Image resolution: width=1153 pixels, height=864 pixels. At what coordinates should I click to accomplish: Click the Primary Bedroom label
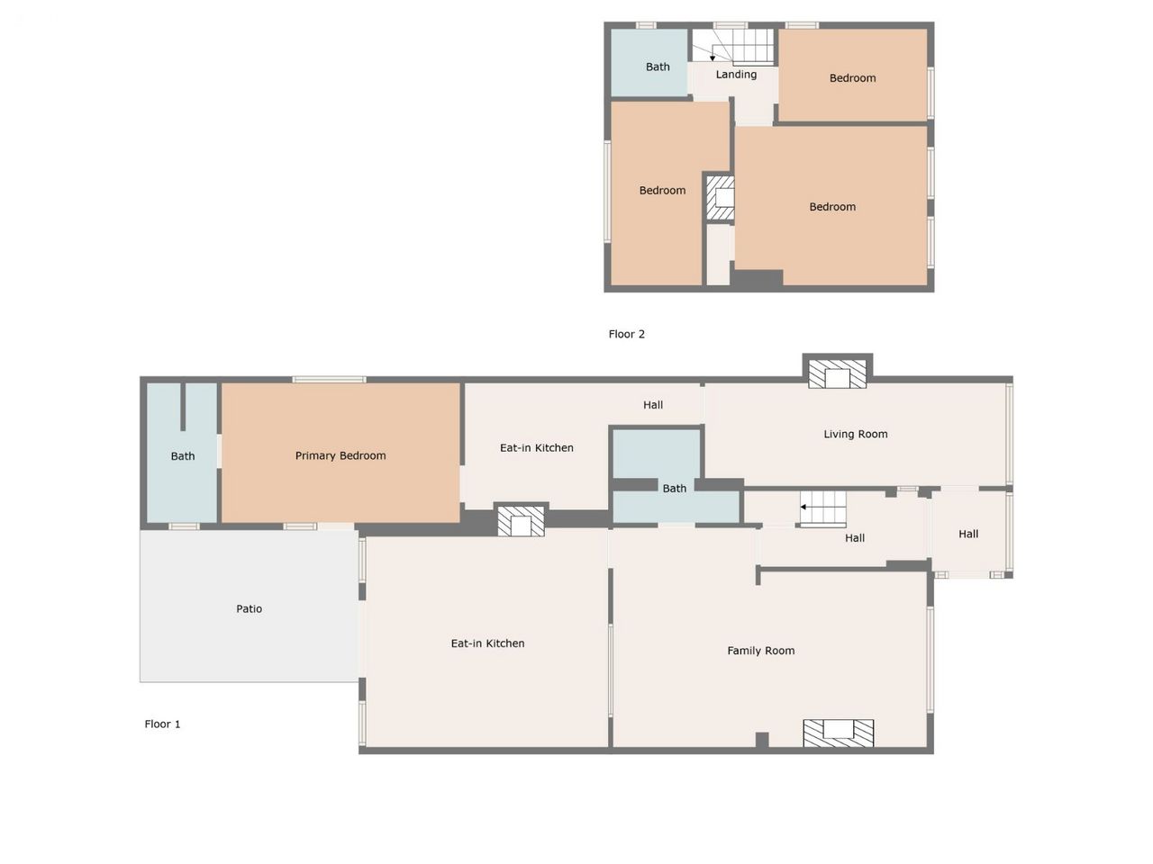pyautogui.click(x=340, y=455)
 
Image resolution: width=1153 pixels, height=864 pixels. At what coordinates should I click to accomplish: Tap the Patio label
pyautogui.click(x=249, y=608)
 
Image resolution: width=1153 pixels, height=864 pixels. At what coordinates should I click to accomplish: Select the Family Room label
pyautogui.click(x=760, y=651)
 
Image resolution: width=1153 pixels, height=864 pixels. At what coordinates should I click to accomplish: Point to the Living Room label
pyautogui.click(x=855, y=434)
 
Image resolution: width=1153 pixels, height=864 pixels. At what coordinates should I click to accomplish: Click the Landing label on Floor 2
pyautogui.click(x=736, y=75)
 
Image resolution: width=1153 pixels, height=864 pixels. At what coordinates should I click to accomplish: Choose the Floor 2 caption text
pyautogui.click(x=626, y=334)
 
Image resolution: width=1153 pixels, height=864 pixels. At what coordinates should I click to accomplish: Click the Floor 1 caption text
pyautogui.click(x=162, y=724)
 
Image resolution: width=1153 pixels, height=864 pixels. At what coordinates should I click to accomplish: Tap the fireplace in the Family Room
pyautogui.click(x=839, y=733)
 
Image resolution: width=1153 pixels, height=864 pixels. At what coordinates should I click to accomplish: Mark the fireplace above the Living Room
pyautogui.click(x=837, y=373)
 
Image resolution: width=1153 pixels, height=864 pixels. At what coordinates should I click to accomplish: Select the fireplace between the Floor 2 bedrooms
pyautogui.click(x=720, y=198)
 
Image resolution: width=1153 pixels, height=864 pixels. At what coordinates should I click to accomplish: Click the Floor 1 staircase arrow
pyautogui.click(x=803, y=507)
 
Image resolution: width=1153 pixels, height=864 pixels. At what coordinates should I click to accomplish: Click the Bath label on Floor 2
pyautogui.click(x=658, y=67)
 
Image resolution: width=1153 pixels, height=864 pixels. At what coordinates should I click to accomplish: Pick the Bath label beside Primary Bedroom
pyautogui.click(x=183, y=456)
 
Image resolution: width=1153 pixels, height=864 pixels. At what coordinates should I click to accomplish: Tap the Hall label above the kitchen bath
pyautogui.click(x=653, y=404)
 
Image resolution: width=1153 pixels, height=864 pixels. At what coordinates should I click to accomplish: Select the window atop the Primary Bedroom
pyautogui.click(x=330, y=379)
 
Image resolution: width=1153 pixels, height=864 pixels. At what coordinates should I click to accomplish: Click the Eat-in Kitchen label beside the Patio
pyautogui.click(x=487, y=643)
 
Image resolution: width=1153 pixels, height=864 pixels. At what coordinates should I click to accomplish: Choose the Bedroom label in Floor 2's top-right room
pyautogui.click(x=852, y=78)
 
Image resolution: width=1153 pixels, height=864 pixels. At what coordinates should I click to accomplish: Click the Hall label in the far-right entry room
pyautogui.click(x=968, y=534)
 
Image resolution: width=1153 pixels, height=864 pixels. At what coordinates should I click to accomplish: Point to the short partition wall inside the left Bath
pyautogui.click(x=183, y=407)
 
